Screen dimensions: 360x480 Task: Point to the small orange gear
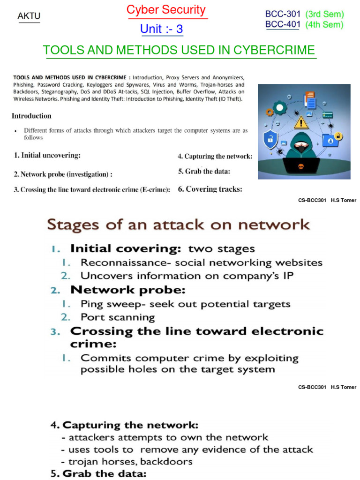269,112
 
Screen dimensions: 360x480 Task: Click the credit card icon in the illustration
327,114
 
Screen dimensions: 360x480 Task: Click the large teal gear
280,108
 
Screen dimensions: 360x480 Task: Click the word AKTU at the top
29,16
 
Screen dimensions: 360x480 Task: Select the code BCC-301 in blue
283,15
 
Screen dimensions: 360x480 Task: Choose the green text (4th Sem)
324,25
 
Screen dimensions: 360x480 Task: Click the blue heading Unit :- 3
161,29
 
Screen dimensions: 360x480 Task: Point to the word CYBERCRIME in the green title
276,50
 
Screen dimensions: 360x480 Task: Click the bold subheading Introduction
31,116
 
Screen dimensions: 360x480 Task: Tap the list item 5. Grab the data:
204,172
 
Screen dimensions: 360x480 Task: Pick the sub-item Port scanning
118,317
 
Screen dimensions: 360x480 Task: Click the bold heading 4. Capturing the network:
124,425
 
